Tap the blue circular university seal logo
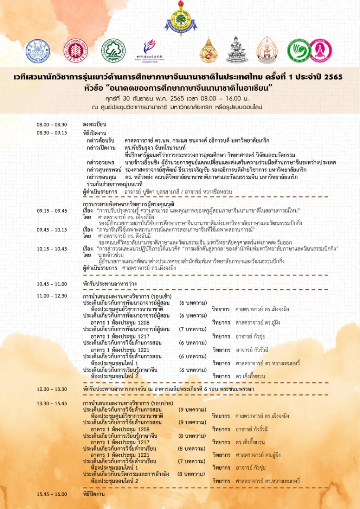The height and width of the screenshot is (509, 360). coord(38,51)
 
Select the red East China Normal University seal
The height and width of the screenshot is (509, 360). coord(75,51)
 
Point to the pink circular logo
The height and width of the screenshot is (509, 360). coord(321,51)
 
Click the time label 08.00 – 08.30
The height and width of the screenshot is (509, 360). coord(52,125)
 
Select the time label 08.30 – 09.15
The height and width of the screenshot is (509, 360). coord(52,133)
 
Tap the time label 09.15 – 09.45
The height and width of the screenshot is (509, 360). coord(52,211)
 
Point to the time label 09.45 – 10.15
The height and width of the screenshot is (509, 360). coord(52,230)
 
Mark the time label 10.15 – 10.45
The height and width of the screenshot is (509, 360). coord(52,249)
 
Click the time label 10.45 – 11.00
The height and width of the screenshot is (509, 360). coord(52,284)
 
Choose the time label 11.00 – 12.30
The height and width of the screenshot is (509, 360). coord(52,296)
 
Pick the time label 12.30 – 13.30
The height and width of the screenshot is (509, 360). coord(52,389)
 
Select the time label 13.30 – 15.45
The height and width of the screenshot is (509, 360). coord(52,403)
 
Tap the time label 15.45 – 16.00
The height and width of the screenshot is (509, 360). coord(52,494)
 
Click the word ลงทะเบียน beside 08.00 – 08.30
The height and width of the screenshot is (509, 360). coord(95,124)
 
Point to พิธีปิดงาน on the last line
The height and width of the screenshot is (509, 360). coord(94,494)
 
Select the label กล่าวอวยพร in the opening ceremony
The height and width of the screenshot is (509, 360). coord(101,162)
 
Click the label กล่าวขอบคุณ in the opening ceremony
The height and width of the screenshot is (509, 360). coord(101,177)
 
